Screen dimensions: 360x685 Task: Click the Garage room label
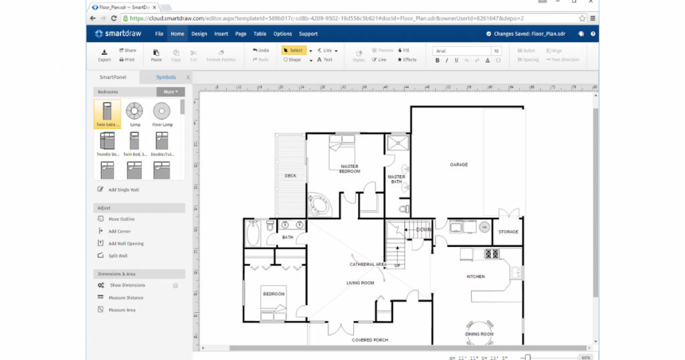458,165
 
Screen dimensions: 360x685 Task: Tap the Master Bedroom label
349,169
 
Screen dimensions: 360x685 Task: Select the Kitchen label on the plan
476,276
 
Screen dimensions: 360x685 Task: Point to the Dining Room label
479,333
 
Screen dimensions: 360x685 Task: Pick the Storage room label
508,232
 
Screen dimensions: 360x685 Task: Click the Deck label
290,176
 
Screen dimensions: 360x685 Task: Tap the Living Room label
360,282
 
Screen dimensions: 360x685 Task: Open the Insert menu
221,33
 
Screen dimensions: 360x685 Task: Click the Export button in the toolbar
104,55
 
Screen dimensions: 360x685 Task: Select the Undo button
261,50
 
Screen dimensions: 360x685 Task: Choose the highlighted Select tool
293,50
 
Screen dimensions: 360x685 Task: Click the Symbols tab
166,77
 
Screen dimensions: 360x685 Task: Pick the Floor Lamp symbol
162,114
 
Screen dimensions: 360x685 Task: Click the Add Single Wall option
124,189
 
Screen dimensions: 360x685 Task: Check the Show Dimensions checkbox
175,285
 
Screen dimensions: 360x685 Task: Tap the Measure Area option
122,310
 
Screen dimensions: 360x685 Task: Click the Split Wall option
118,256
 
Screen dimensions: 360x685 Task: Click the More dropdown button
170,92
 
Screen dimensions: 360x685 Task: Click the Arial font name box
462,51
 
